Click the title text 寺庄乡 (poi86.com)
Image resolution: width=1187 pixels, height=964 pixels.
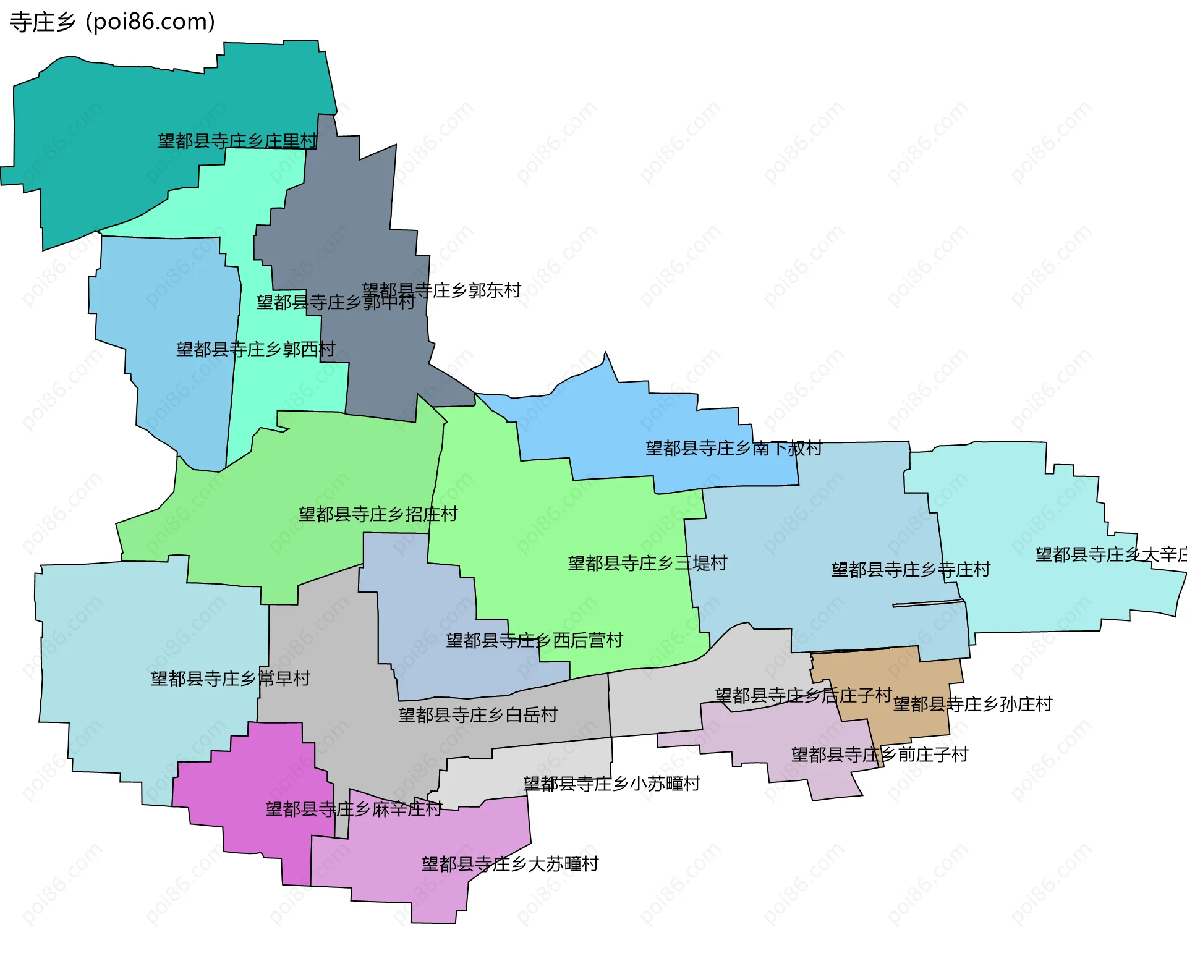tap(113, 22)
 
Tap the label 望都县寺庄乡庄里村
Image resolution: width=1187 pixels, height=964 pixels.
tap(237, 141)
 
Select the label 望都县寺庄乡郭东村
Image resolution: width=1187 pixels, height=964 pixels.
tap(441, 290)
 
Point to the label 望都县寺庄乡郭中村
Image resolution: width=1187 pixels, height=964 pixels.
tap(335, 302)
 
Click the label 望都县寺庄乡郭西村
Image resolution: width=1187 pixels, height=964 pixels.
tap(255, 350)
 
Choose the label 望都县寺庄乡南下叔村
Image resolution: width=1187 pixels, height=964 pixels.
tap(734, 448)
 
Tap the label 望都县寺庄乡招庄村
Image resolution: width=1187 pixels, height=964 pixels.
tap(378, 514)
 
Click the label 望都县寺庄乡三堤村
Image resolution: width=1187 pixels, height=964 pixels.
tap(647, 563)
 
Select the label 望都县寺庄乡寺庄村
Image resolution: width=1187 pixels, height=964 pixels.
tap(911, 569)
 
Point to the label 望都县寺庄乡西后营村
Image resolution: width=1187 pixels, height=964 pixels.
tap(534, 640)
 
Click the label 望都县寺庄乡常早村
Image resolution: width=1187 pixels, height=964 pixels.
tap(230, 679)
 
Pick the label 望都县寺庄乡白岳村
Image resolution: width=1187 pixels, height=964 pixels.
tap(478, 715)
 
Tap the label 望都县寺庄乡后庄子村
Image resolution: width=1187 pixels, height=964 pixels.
tap(803, 696)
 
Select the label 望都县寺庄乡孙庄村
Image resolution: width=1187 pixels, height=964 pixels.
tap(972, 704)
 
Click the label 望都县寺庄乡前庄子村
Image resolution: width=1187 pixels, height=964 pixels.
tap(879, 755)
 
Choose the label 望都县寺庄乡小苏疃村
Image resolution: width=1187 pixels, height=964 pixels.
tap(611, 784)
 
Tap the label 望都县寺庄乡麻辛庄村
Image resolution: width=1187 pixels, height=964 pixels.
tap(354, 809)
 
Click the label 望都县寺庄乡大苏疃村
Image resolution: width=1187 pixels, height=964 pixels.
tap(510, 864)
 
